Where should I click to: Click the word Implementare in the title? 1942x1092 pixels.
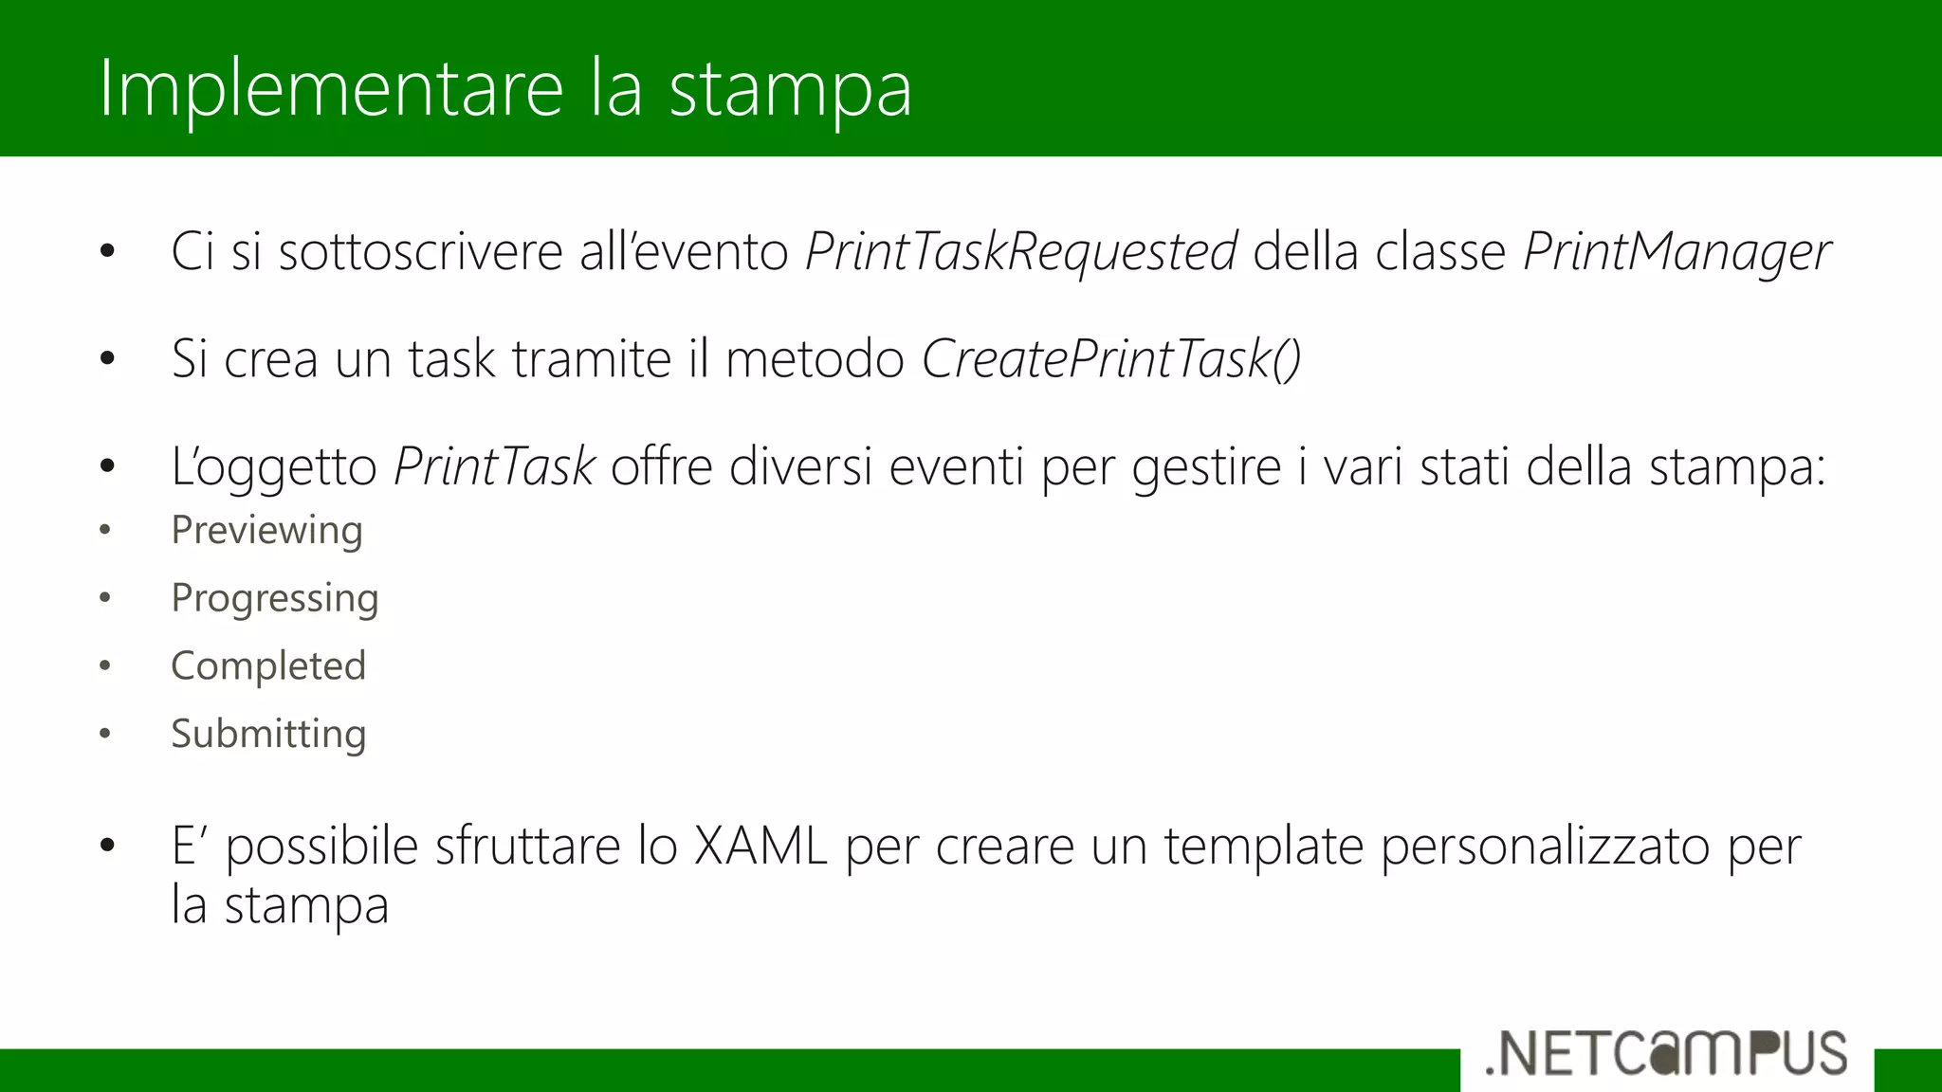332,89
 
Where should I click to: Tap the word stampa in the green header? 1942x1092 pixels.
790,91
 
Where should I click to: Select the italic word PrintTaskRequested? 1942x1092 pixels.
1021,252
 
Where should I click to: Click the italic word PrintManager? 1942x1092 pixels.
1676,252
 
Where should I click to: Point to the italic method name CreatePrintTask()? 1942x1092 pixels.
1110,359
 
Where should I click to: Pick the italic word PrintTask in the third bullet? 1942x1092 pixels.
494,466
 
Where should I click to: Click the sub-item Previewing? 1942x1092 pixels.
266,531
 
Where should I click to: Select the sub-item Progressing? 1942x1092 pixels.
275,599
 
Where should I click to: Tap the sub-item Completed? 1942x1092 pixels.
268,666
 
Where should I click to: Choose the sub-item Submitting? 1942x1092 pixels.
268,735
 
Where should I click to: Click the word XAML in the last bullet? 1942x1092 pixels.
760,846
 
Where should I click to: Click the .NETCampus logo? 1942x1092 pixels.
1666,1054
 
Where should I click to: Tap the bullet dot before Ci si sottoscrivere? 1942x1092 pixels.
107,252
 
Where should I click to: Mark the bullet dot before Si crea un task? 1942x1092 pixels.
107,359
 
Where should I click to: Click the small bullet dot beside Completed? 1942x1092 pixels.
105,666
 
